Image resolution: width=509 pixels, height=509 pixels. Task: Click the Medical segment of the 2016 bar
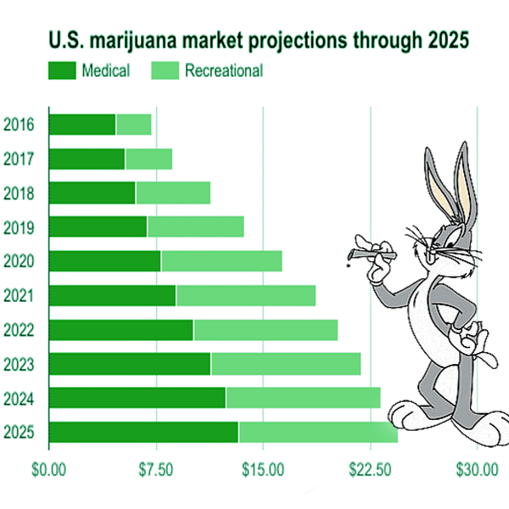point(82,125)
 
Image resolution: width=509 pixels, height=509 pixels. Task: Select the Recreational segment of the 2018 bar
point(172,193)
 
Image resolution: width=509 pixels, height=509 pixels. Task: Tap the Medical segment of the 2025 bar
point(143,432)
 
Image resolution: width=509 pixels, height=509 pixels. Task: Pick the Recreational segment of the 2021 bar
point(246,295)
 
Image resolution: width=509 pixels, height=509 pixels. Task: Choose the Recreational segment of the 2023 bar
point(285,364)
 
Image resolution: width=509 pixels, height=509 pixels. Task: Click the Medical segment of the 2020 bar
point(105,261)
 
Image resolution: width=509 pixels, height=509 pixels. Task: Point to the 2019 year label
point(19,227)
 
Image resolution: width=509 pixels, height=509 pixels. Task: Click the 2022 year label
point(19,330)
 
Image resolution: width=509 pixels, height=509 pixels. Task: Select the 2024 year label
point(19,399)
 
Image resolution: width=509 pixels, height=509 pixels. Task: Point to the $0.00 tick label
point(48,468)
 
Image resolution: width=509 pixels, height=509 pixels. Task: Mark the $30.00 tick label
point(477,468)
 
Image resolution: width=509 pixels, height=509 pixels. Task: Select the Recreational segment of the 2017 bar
point(148,159)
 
